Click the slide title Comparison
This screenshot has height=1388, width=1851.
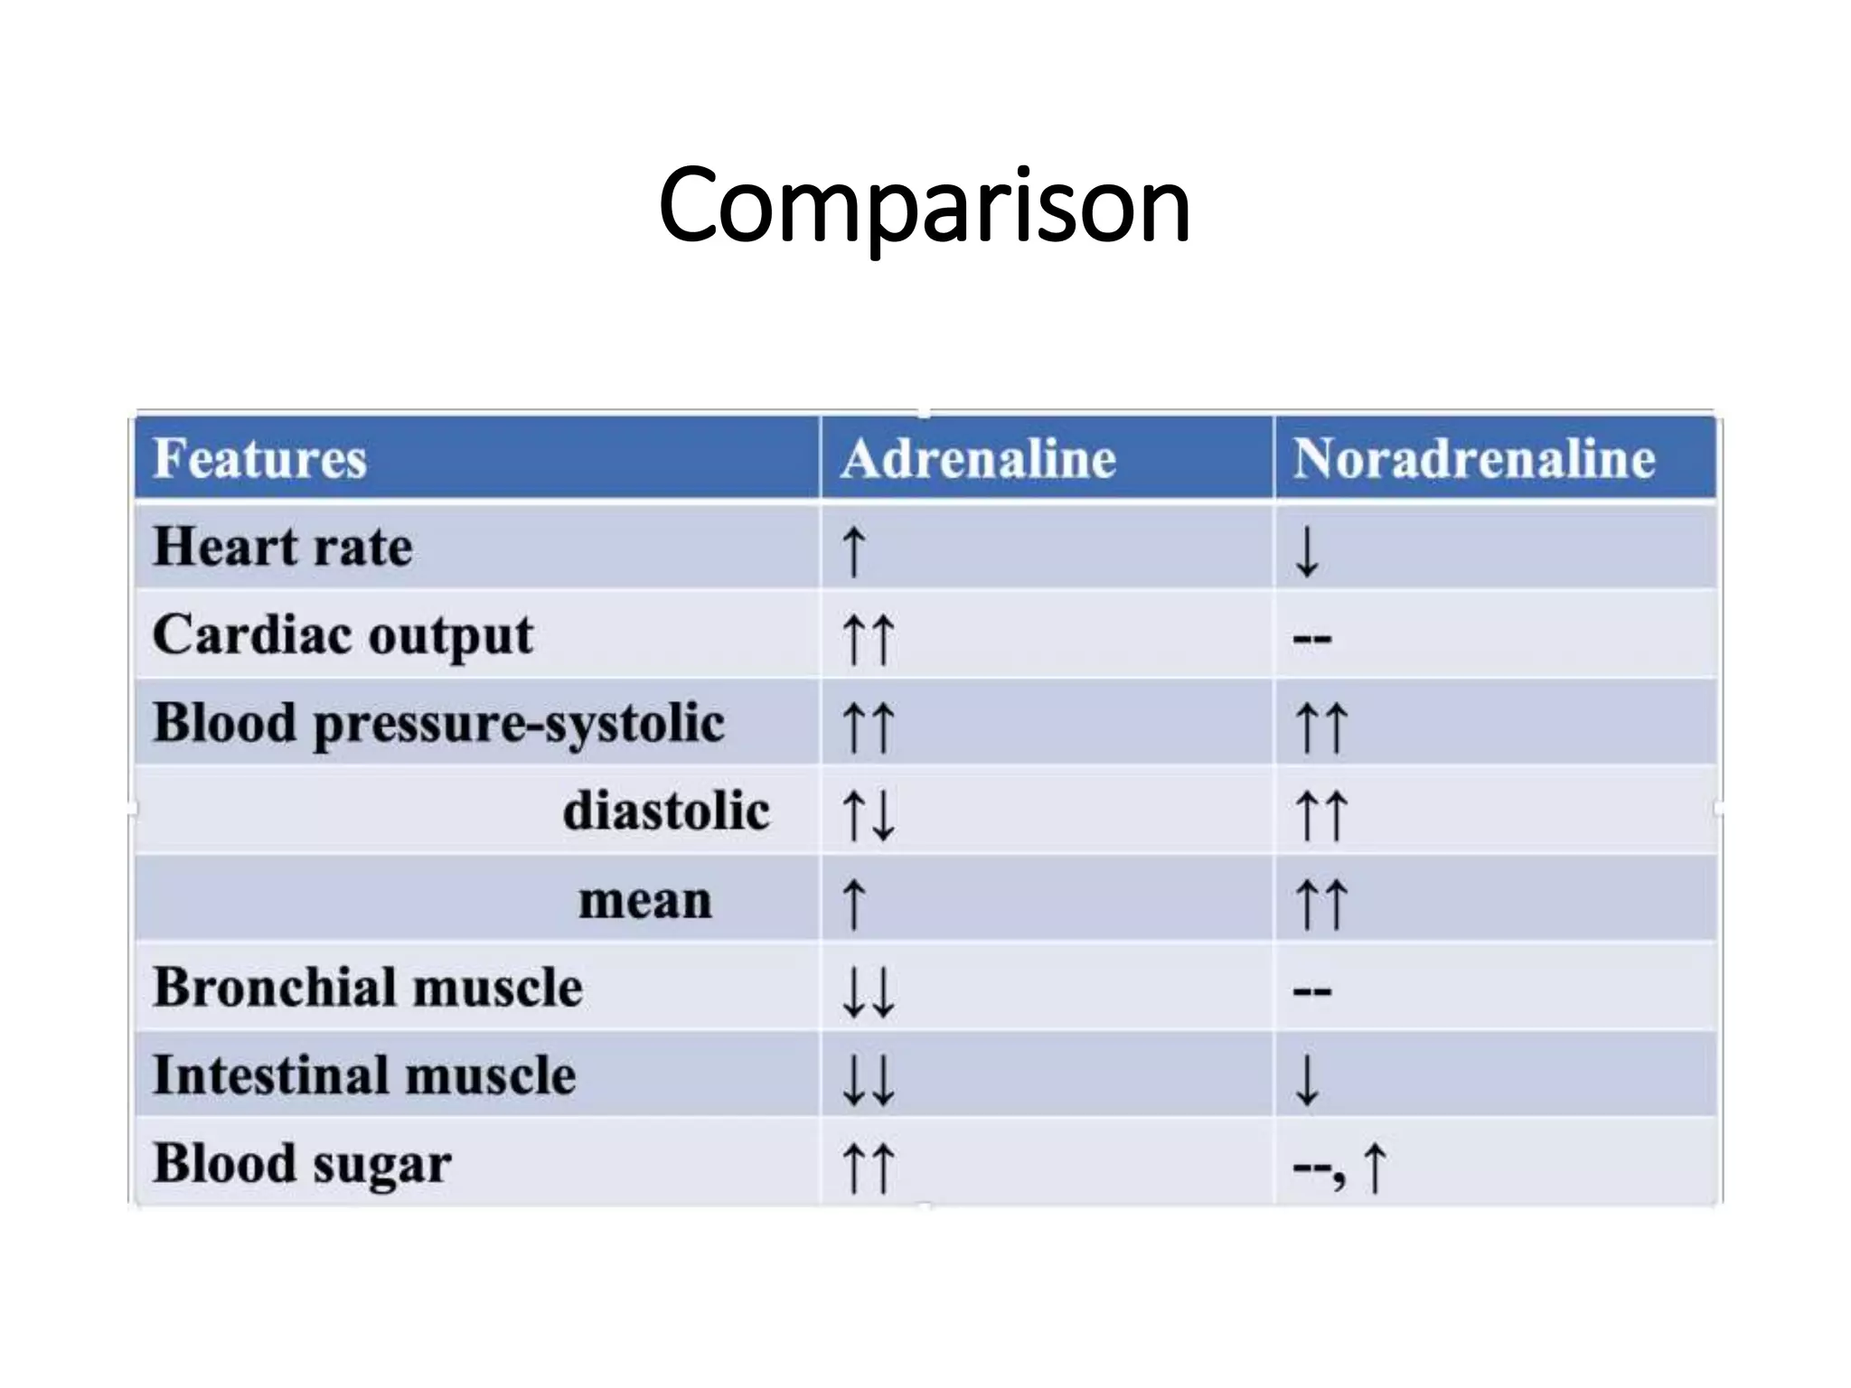pos(924,206)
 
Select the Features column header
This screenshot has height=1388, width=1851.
pos(259,458)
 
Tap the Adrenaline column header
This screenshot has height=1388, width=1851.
pos(978,458)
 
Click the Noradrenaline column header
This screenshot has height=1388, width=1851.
pos(1473,458)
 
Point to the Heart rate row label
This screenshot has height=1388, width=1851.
pos(283,547)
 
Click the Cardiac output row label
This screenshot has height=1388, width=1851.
pos(343,635)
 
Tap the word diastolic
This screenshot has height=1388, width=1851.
pos(666,811)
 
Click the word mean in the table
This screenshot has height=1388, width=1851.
pos(645,900)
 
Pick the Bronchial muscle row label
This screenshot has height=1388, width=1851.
pos(368,987)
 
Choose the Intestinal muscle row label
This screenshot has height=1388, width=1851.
pos(364,1075)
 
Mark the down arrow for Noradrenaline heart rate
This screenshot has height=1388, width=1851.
pos(1307,551)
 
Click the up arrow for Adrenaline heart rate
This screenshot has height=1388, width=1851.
pos(853,551)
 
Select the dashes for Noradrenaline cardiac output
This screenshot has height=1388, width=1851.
pos(1311,639)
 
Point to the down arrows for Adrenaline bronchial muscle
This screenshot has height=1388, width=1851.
pos(868,991)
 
